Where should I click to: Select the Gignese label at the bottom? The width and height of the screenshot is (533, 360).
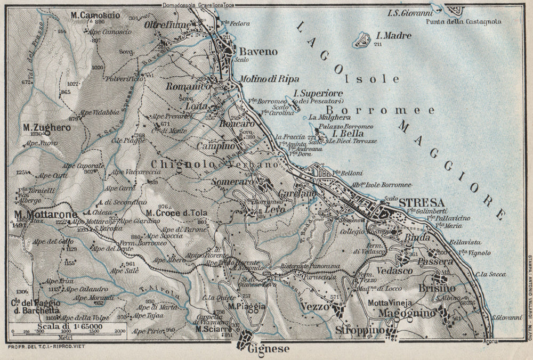(269, 349)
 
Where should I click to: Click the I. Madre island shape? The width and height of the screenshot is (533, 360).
(363, 39)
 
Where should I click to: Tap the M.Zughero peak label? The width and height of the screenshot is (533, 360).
(40, 128)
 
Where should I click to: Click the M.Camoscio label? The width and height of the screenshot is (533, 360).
(95, 15)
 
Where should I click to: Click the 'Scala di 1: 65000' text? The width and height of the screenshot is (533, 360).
(65, 327)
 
